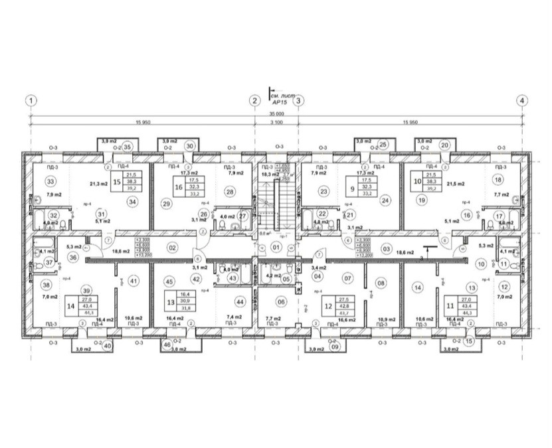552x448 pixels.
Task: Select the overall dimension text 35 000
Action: (276, 114)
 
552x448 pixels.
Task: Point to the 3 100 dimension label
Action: (276, 123)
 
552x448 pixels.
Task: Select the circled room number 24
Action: (384, 199)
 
